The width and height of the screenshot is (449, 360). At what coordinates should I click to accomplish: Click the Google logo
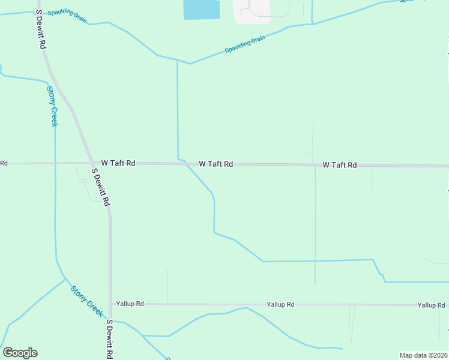point(20,353)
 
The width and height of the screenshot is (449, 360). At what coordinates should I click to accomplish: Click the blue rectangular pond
point(201,10)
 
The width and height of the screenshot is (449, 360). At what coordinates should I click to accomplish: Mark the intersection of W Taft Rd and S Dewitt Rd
point(91,163)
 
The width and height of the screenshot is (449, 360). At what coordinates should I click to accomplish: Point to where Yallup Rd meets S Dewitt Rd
point(110,304)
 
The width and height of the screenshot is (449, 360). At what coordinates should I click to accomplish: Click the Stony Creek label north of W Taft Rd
point(53,106)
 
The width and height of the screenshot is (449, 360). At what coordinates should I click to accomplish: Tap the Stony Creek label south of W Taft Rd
point(87,301)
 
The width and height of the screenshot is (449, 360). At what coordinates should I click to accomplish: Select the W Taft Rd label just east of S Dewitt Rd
point(118,163)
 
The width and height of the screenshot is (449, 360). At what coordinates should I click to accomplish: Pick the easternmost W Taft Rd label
point(340,165)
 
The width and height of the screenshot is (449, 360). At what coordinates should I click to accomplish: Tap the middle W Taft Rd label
point(216,164)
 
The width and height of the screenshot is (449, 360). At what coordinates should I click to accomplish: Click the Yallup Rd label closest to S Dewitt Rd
point(130,304)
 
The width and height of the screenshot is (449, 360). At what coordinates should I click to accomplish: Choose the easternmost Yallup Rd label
point(432,305)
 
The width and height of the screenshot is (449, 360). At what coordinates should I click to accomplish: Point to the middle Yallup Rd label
point(281,305)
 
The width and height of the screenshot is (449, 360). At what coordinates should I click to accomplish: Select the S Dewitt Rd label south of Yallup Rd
point(110,339)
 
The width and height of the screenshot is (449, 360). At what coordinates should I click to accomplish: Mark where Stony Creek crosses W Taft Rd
point(55,163)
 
